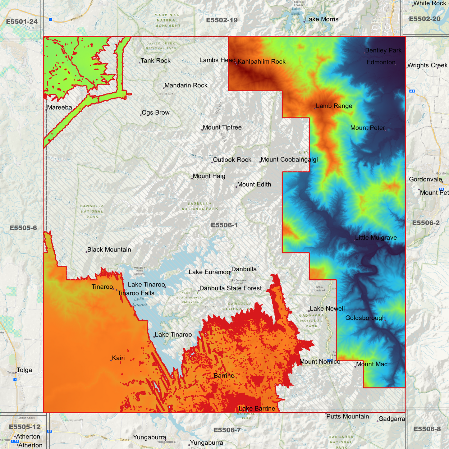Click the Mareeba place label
pos(59,108)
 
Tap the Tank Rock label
pos(155,61)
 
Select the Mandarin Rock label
pos(186,85)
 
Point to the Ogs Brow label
pos(155,112)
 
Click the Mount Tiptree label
pos(222,127)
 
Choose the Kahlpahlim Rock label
pos(261,62)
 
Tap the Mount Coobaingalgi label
pos(289,160)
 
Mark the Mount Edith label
pos(254,185)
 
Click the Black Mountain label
pos(109,250)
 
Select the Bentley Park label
pos(383,50)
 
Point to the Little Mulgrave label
pos(376,238)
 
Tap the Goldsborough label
pos(365,318)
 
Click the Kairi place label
pos(118,358)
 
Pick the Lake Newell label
pos(327,309)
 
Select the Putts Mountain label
pos(347,416)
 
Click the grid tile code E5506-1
pos(224,225)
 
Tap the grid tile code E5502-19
pos(222,20)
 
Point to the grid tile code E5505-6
pos(23,228)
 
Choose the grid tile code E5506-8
pos(427,429)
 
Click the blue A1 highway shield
pos(412,91)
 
